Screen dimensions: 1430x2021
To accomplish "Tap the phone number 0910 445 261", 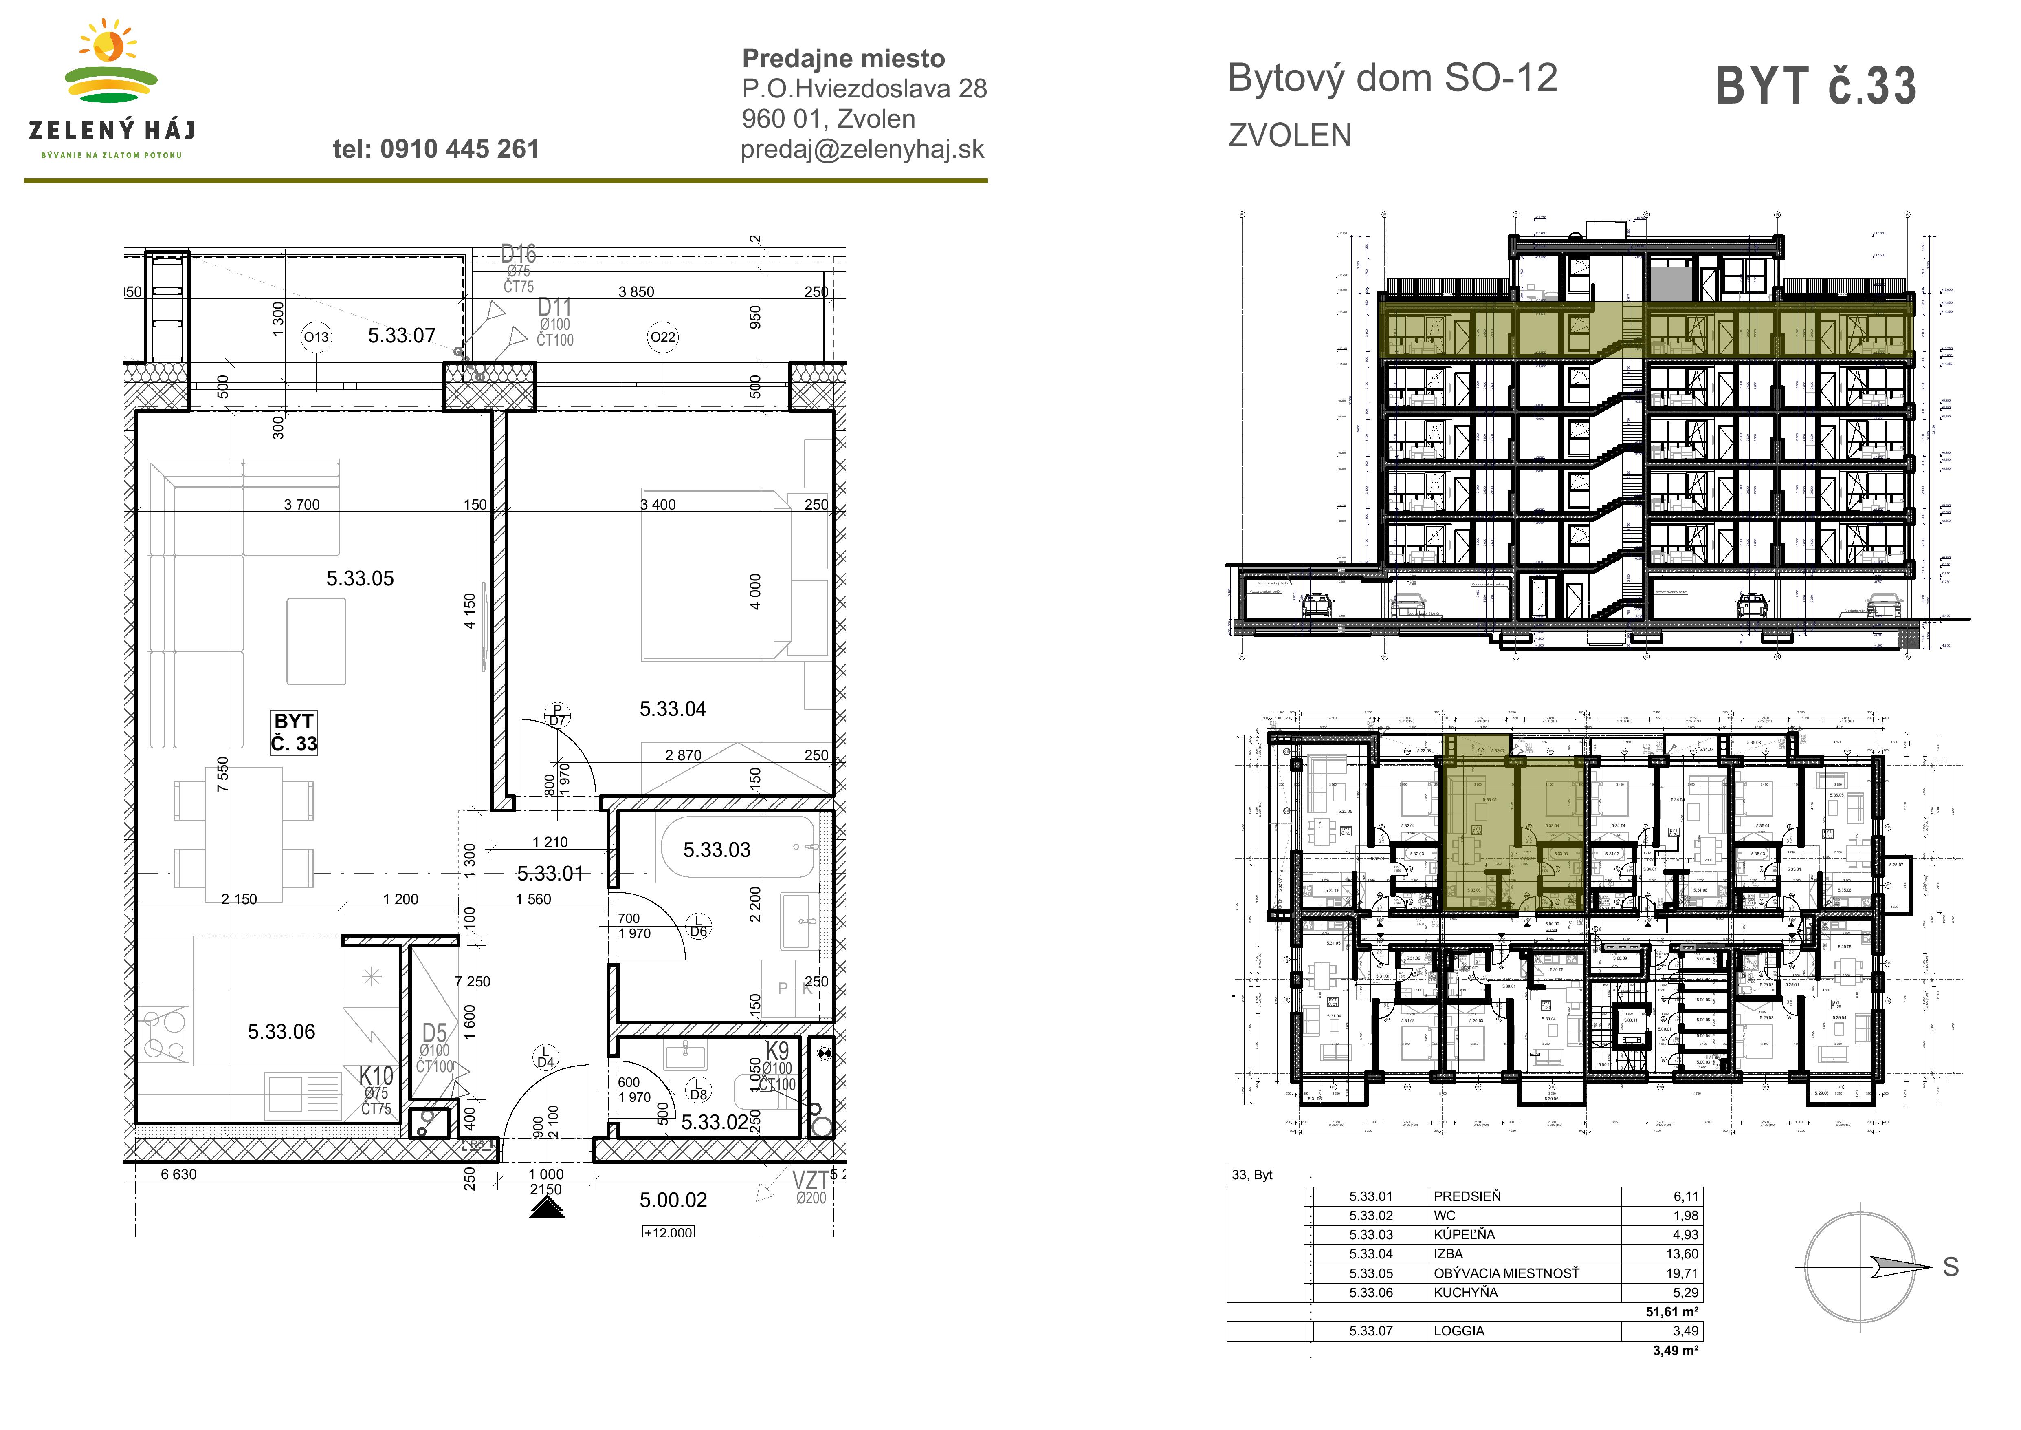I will pyautogui.click(x=436, y=149).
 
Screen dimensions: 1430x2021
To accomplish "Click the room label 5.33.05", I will pyautogui.click(x=360, y=578).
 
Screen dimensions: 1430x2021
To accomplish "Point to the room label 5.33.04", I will pyautogui.click(x=673, y=709).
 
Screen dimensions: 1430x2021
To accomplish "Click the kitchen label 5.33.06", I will pyautogui.click(x=281, y=1031).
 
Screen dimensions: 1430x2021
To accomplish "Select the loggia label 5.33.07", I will pyautogui.click(x=401, y=335).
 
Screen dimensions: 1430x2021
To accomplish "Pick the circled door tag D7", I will pyautogui.click(x=557, y=715).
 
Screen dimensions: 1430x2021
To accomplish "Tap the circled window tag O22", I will pyautogui.click(x=663, y=337).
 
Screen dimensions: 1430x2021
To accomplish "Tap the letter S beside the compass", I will pyautogui.click(x=1951, y=1267).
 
